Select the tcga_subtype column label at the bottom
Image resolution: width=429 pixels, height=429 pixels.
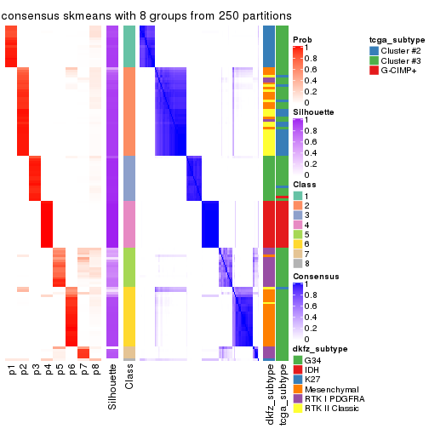(282, 393)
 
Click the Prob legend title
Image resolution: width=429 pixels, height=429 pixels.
(302, 39)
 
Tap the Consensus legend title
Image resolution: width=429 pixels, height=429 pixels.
(312, 277)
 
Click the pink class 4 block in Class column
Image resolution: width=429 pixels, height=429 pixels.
(129, 222)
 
